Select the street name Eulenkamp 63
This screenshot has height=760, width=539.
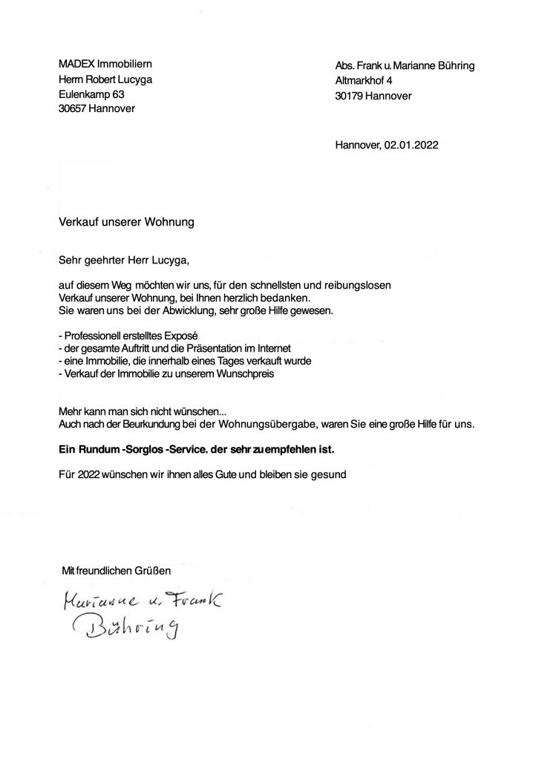[x=91, y=94]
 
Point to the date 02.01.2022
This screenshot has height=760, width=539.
[x=411, y=145]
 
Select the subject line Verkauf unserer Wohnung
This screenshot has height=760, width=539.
[x=127, y=221]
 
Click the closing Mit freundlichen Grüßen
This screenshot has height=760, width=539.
[x=117, y=570]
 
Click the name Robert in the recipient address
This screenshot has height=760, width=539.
[x=106, y=79]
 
